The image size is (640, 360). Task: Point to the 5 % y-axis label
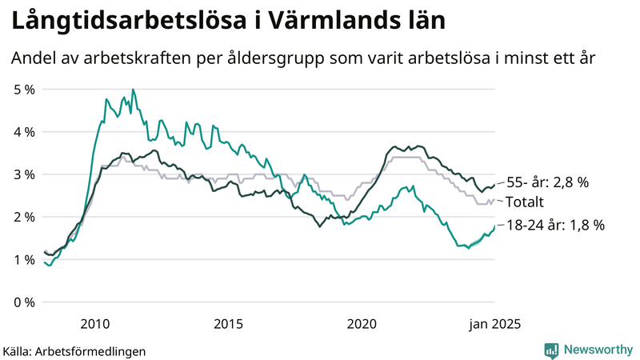24,90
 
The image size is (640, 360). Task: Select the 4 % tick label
24,132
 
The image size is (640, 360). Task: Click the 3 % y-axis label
24,174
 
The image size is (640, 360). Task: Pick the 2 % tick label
24,217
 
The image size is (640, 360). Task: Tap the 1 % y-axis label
24,260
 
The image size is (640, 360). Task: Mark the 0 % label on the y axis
24,302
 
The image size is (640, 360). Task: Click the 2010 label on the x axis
94,324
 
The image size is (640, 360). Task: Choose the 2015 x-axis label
228,324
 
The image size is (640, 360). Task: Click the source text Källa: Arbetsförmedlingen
74,350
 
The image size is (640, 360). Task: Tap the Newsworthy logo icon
551,350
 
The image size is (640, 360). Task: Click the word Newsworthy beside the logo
597,350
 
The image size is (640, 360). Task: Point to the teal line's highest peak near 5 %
133,90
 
